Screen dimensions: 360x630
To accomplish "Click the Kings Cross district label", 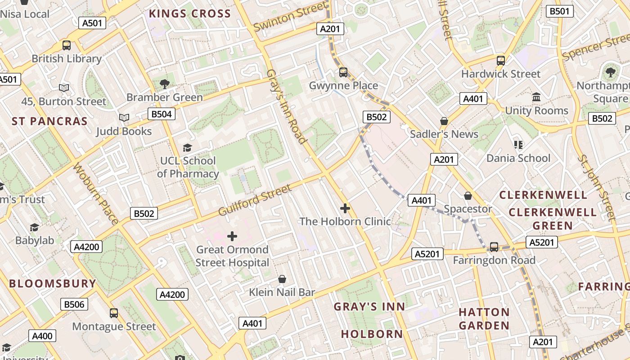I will (x=189, y=13).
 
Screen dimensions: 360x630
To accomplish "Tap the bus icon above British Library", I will (x=67, y=45).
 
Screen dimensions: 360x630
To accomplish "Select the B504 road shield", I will (x=162, y=114).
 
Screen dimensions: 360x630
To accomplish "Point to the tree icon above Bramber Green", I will (x=165, y=83).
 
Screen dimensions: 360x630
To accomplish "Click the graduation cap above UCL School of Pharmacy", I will (x=187, y=148).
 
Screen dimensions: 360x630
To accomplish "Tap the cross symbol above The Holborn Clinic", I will (x=345, y=208).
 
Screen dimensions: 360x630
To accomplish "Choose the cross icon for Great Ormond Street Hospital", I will (x=232, y=236).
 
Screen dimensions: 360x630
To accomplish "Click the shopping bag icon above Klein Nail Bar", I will (x=282, y=279).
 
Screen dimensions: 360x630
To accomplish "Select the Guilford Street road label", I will (x=255, y=200).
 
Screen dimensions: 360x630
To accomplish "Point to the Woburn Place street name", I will (x=95, y=193).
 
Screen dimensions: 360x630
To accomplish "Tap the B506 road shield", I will (x=74, y=304).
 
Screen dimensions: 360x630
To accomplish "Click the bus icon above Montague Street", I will (x=114, y=313).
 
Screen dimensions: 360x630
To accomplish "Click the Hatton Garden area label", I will (x=484, y=319).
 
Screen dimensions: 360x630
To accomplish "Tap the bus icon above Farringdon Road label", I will (x=494, y=247).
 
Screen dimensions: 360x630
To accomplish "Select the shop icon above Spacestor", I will (x=468, y=196).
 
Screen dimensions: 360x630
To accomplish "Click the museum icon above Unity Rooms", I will (x=536, y=97).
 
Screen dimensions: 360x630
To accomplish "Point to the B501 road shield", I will (x=559, y=11).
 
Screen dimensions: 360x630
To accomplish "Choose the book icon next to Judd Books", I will (x=124, y=118).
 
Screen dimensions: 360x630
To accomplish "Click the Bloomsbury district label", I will (x=53, y=283).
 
